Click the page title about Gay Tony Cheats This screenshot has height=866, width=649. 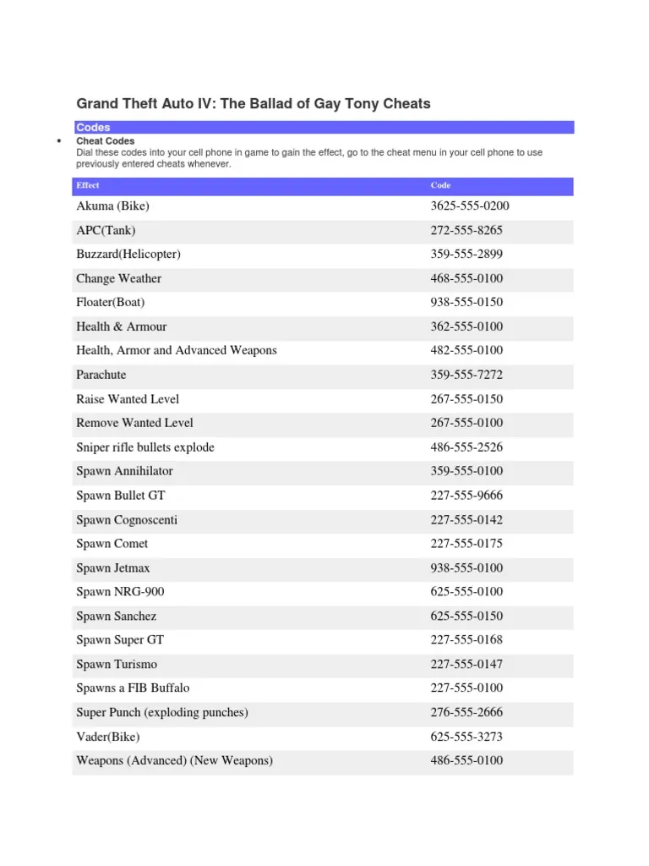coord(254,104)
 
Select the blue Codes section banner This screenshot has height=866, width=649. coord(323,127)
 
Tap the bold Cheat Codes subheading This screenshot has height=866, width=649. coord(106,141)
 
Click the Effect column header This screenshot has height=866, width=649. coord(88,185)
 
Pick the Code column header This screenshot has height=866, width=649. coord(440,185)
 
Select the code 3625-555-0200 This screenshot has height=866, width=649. coord(470,206)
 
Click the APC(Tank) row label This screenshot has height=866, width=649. coord(106,230)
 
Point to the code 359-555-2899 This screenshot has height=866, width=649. coord(466,254)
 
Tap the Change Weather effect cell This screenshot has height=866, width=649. coord(118,278)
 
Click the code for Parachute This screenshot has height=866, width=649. coord(466,375)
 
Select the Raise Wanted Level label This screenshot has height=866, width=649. coord(128,398)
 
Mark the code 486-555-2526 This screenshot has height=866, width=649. coord(466,447)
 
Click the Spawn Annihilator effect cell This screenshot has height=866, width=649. coord(124,471)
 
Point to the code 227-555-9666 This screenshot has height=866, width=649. coord(466,495)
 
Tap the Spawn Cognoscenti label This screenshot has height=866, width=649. coord(127,519)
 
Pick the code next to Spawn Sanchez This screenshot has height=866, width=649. coord(466,616)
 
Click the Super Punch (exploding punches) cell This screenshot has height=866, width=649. coord(162,712)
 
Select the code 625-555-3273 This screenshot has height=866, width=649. coord(466,737)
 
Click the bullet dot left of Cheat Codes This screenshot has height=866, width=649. coord(57,141)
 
